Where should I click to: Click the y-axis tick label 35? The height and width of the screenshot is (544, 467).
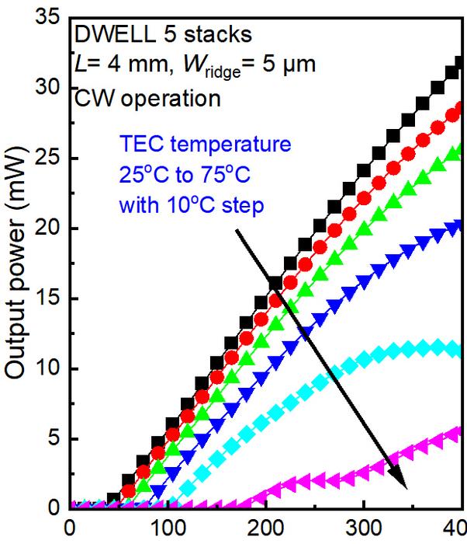tap(49, 16)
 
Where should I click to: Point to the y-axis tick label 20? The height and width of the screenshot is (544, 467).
tap(49, 228)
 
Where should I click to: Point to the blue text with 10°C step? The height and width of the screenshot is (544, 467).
tap(192, 207)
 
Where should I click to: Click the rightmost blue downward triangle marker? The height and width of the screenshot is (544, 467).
tap(460, 227)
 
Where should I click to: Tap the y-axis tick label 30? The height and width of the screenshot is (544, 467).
tap(49, 87)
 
